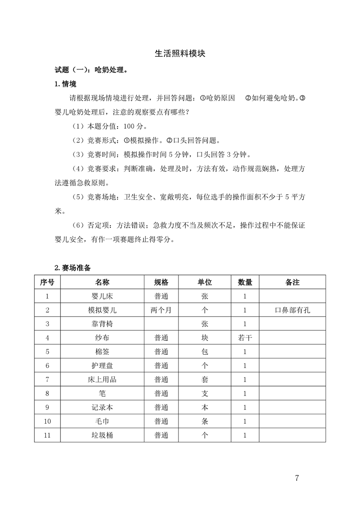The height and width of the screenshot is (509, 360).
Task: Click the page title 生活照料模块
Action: [x=180, y=54]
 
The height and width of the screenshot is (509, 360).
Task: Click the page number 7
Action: [x=297, y=478]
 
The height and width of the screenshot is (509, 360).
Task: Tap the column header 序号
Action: [x=47, y=282]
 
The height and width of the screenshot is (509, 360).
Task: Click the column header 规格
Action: [x=161, y=282]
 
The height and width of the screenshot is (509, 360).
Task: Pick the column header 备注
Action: [x=292, y=282]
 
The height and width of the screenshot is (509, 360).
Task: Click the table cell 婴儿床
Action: [x=102, y=296]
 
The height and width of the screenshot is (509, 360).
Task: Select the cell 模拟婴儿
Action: [x=102, y=310]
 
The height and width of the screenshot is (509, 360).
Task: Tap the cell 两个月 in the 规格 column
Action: [x=161, y=310]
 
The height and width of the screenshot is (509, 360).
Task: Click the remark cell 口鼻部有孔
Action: [x=292, y=310]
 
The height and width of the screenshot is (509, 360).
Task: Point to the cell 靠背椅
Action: [x=102, y=324]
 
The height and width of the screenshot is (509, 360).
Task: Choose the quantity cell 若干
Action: [x=245, y=338]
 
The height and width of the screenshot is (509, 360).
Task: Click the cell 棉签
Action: [x=102, y=352]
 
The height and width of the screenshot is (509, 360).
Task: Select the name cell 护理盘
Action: [x=102, y=366]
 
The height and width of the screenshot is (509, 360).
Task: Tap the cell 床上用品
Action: [x=102, y=380]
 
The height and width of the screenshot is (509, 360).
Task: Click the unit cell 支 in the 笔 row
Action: [x=205, y=394]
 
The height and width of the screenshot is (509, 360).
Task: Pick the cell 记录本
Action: [x=102, y=407]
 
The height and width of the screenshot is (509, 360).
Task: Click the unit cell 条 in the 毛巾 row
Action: [x=205, y=421]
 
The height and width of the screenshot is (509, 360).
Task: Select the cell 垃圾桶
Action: [x=102, y=436]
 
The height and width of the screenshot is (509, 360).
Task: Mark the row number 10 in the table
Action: [x=47, y=421]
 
